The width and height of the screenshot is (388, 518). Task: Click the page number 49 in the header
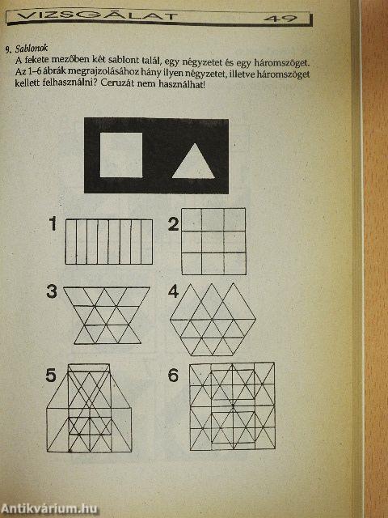[x=280, y=19]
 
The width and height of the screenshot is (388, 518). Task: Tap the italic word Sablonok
[x=32, y=49]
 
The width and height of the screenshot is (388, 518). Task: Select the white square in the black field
[x=121, y=155]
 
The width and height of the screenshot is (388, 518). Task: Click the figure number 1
[x=53, y=223]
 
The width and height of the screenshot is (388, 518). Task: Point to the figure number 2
[x=174, y=224]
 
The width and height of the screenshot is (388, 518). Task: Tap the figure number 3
[x=52, y=291]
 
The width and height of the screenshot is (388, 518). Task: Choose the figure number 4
[x=174, y=291]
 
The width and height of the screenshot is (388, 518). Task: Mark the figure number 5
[x=51, y=376]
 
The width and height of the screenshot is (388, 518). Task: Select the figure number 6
[x=173, y=376]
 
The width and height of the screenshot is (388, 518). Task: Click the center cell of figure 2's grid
[x=213, y=242]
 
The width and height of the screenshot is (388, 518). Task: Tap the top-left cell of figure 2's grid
[x=192, y=220]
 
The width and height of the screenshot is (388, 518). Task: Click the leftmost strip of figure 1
[x=71, y=242]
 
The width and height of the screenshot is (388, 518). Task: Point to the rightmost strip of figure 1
[x=147, y=242]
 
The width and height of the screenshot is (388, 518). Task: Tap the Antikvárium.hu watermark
[x=49, y=508]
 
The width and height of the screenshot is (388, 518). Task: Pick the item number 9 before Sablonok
[x=8, y=50]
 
